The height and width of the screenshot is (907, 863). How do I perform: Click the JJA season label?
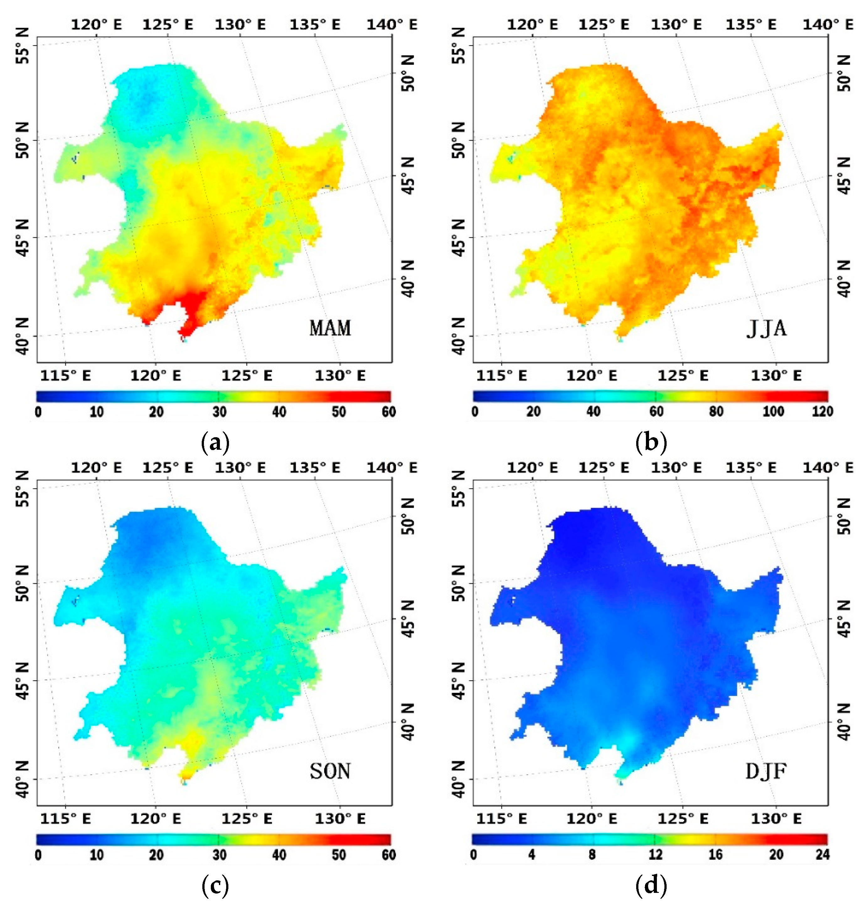pos(766,328)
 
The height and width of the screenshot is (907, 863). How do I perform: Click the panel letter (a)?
pos(215,443)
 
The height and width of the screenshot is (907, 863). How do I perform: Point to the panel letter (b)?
pos(651,443)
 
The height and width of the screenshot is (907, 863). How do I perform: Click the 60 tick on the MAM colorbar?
pos(389,411)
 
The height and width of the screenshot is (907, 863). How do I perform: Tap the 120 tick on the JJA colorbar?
pos(823,411)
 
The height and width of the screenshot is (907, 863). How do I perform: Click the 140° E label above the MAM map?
pos(392,24)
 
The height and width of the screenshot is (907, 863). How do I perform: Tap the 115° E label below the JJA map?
pos(501,376)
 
